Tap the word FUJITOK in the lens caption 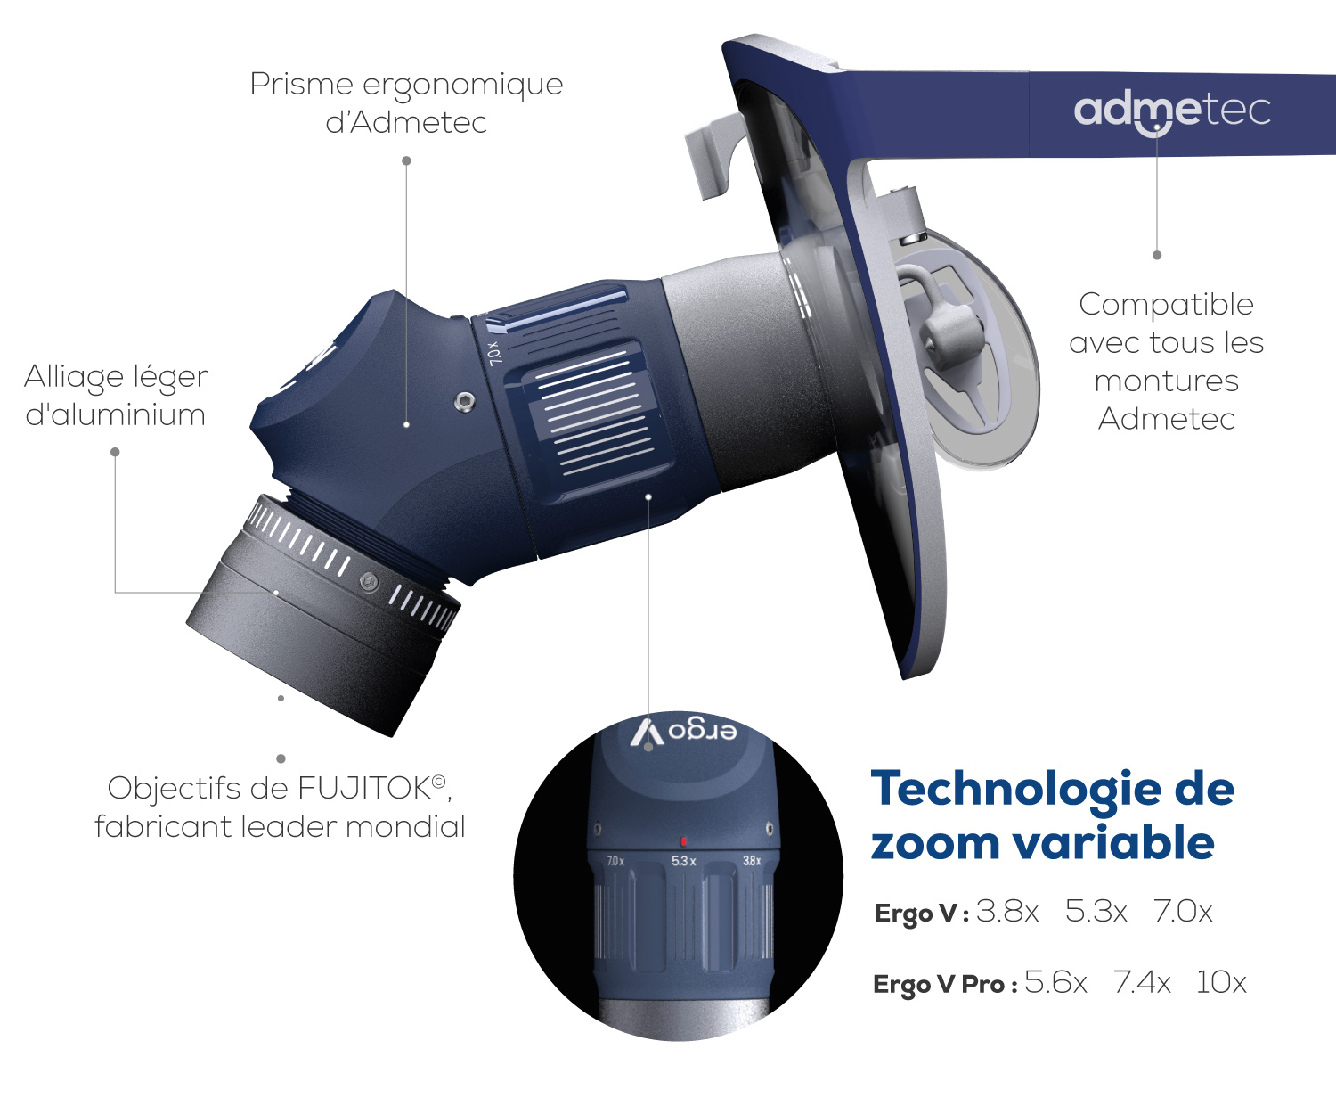pyautogui.click(x=363, y=789)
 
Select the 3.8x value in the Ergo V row pyautogui.click(x=1007, y=912)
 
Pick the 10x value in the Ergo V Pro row pyautogui.click(x=1221, y=982)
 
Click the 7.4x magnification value pyautogui.click(x=1142, y=982)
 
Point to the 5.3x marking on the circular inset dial pyautogui.click(x=683, y=861)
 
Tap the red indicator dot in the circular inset pyautogui.click(x=683, y=842)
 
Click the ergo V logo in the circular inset pyautogui.click(x=683, y=733)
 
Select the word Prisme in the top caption pyautogui.click(x=301, y=85)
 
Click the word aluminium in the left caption pyautogui.click(x=115, y=415)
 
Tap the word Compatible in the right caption pyautogui.click(x=1166, y=305)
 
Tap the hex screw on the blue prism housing pyautogui.click(x=465, y=401)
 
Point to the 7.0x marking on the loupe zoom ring pyautogui.click(x=494, y=354)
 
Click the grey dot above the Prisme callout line pyautogui.click(x=407, y=161)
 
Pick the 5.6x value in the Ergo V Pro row pyautogui.click(x=1055, y=982)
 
